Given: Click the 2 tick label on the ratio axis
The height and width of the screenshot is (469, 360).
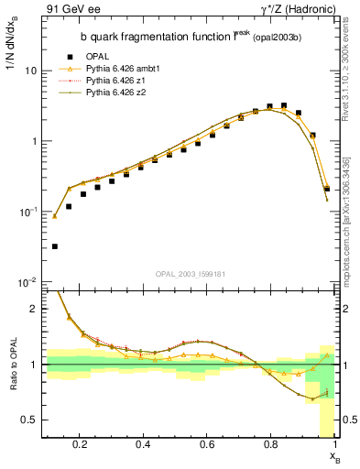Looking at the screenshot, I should pyautogui.click(x=34, y=309).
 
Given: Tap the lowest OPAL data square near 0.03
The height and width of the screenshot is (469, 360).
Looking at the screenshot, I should pyautogui.click(x=54, y=246).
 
